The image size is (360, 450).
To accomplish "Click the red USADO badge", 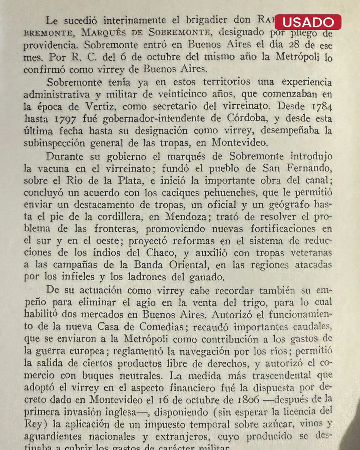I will [308, 22].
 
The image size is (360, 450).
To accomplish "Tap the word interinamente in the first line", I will [134, 20].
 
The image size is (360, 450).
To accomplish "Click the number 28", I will [294, 44].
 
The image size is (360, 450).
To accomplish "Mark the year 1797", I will [65, 119].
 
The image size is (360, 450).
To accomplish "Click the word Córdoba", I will [247, 118].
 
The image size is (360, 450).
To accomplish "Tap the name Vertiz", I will [100, 107].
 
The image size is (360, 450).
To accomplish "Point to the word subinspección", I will [54, 143].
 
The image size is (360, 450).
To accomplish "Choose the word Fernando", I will [309, 168].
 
